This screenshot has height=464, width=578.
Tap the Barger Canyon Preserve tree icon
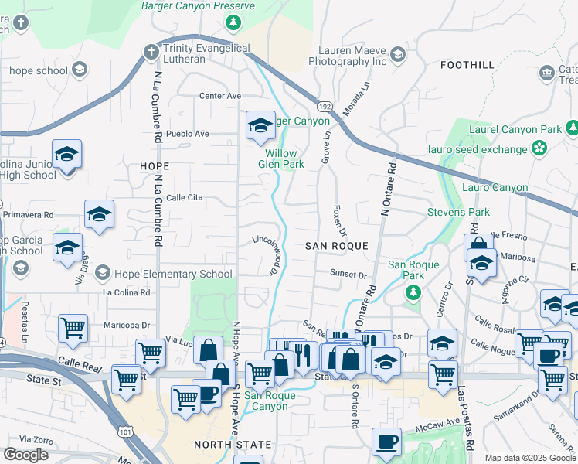[233, 22]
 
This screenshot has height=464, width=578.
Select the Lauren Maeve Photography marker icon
[397, 54]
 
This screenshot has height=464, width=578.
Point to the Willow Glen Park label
[280, 159]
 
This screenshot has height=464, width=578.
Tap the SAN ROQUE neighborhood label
[335, 245]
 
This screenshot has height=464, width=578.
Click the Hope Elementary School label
[172, 274]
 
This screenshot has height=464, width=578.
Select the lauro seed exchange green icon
[539, 148]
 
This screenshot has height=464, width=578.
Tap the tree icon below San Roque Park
[413, 292]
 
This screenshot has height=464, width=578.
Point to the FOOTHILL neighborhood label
[466, 65]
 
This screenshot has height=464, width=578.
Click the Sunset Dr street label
[348, 275]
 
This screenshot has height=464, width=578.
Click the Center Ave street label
[220, 97]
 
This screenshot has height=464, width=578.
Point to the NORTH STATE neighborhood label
[232, 445]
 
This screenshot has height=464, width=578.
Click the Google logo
[25, 455]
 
